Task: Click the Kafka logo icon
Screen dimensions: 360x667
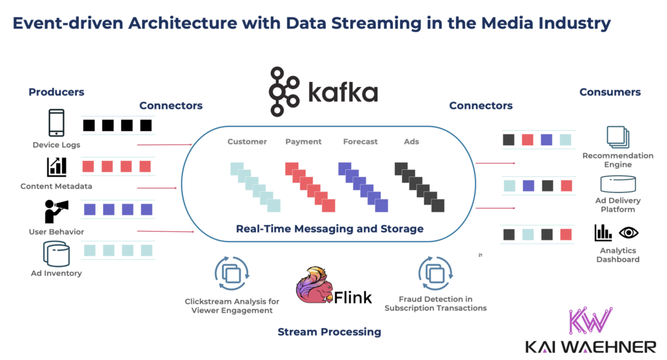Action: pos(285,92)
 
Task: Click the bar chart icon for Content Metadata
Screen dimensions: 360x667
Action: pos(57,167)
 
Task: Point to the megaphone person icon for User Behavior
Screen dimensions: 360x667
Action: pos(56,212)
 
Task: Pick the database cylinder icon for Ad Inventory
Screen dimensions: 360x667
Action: pos(56,254)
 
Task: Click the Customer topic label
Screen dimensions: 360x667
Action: pos(247,142)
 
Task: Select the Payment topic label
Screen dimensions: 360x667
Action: pos(304,142)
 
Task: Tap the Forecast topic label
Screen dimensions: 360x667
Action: pos(360,142)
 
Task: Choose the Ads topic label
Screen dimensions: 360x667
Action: pos(412,142)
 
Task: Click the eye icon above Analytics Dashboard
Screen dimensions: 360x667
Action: pos(628,232)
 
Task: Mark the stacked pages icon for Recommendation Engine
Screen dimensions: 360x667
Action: pos(617,137)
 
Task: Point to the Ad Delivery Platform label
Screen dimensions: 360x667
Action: pos(617,205)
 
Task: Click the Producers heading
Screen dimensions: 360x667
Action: pos(57,92)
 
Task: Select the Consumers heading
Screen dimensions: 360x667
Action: pos(610,92)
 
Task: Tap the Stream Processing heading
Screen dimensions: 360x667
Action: pos(329,332)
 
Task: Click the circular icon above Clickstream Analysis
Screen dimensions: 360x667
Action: pos(232,273)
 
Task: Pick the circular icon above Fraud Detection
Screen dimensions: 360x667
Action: pos(435,272)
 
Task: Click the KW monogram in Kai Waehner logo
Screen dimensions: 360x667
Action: pos(591,321)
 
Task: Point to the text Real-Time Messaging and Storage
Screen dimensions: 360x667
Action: pos(330,228)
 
